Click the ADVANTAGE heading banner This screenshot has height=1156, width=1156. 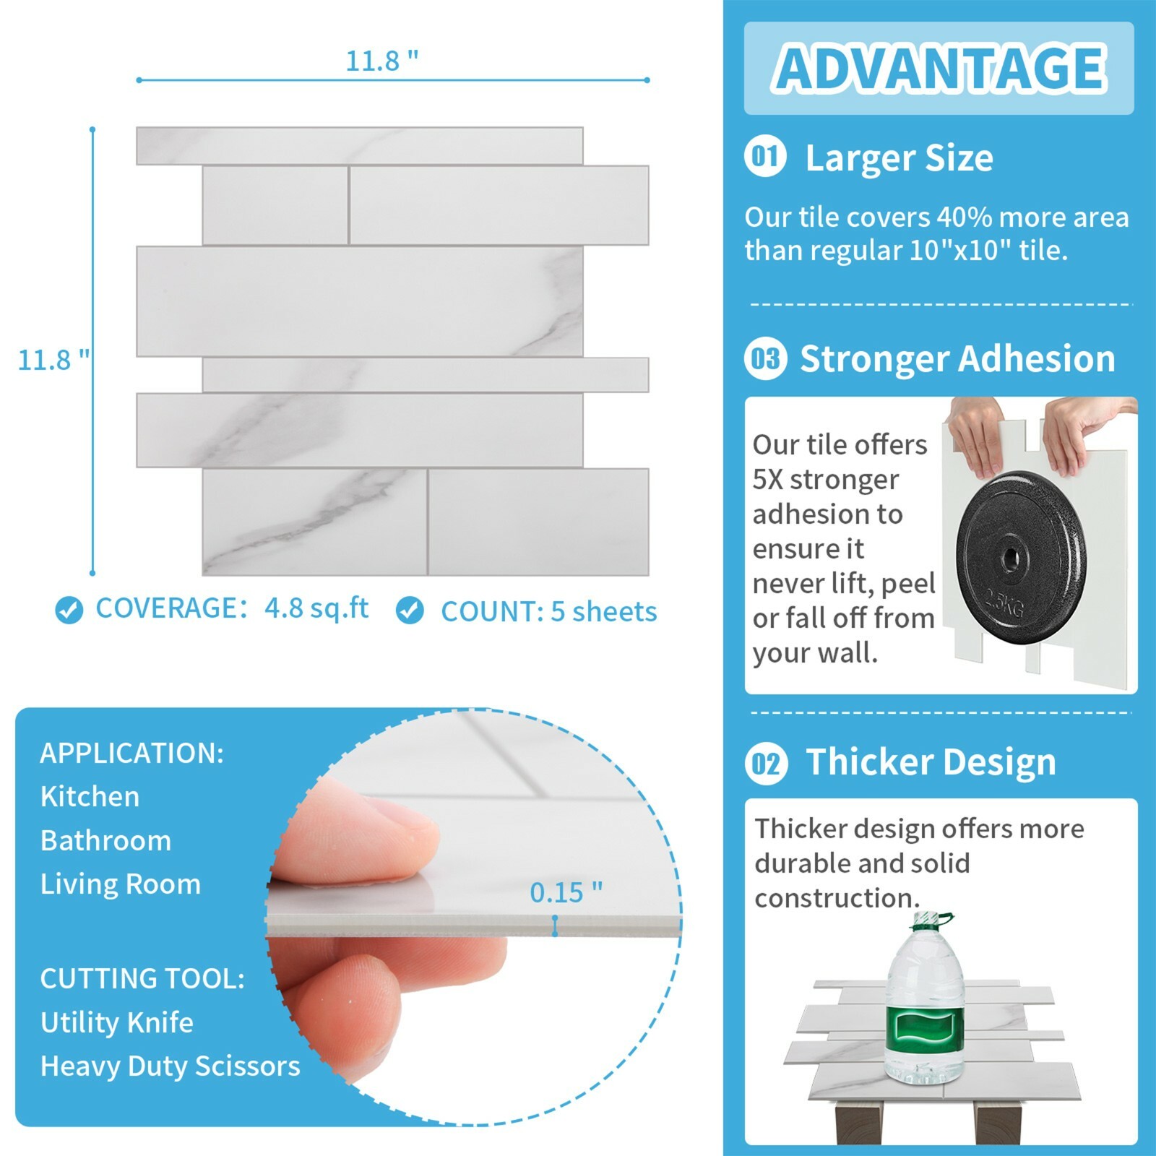click(x=939, y=69)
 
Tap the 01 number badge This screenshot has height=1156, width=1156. click(x=766, y=157)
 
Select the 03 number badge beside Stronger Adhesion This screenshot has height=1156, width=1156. click(x=766, y=358)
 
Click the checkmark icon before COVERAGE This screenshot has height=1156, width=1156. click(x=69, y=611)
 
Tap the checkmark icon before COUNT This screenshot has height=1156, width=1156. click(x=410, y=611)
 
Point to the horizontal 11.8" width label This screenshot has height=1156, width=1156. click(x=382, y=61)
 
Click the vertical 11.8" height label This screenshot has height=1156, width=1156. click(x=54, y=360)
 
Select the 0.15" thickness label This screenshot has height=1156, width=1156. click(x=566, y=893)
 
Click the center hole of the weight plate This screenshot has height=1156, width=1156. click(x=1009, y=558)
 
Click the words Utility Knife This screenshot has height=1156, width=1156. click(x=117, y=1022)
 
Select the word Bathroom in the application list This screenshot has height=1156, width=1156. click(x=106, y=840)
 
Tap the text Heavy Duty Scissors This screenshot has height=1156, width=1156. click(x=171, y=1066)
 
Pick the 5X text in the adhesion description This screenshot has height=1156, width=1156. click(x=768, y=479)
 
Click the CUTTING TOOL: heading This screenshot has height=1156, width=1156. click(x=142, y=979)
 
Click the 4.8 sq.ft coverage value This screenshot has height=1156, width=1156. click(x=316, y=608)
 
